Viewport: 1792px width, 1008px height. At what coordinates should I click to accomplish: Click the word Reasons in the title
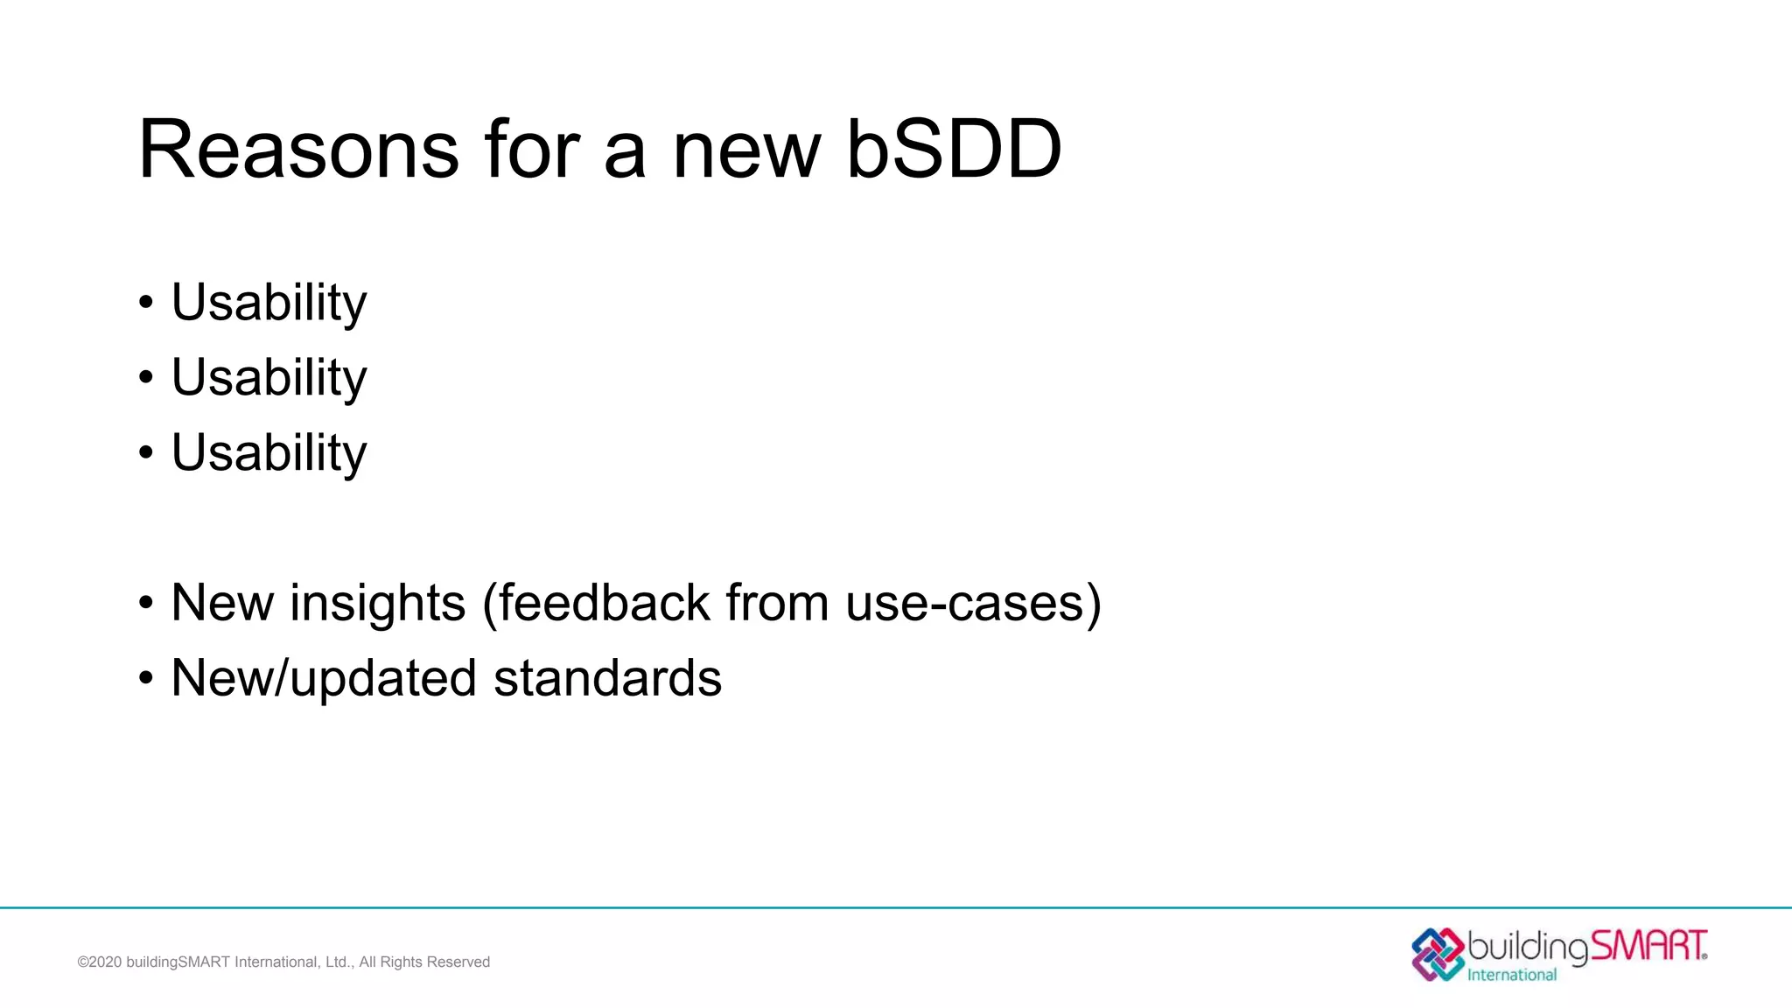[x=298, y=150]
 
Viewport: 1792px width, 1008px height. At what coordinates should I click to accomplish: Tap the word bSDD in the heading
[x=954, y=150]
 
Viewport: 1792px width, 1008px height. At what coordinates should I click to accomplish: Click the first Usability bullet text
[x=269, y=303]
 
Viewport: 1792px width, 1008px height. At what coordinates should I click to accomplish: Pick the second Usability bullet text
[x=269, y=378]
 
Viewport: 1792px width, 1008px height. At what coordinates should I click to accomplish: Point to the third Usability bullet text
[x=269, y=453]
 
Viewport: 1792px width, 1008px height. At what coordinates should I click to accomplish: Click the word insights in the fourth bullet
[x=377, y=603]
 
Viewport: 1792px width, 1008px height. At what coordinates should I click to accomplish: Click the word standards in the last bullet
[x=607, y=678]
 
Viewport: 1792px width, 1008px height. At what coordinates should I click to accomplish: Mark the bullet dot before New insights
[x=146, y=603]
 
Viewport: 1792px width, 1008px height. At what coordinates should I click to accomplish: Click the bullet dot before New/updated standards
[x=146, y=678]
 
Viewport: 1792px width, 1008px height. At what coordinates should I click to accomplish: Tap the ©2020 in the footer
[x=100, y=962]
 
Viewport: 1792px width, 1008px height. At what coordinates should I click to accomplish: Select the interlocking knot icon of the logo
[x=1438, y=954]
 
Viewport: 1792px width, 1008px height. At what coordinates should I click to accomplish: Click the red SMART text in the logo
[x=1648, y=946]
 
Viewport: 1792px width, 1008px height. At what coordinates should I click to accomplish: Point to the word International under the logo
[x=1512, y=975]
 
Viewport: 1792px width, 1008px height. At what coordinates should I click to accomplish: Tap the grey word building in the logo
[x=1528, y=947]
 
